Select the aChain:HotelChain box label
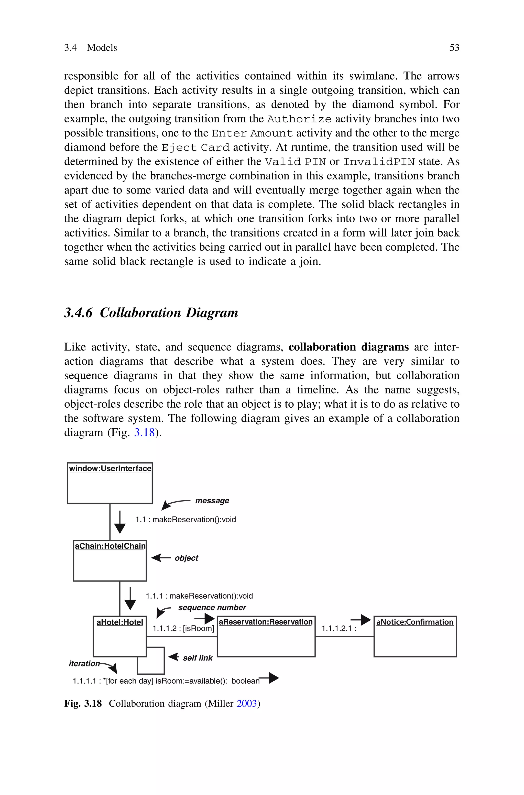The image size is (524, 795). (110, 546)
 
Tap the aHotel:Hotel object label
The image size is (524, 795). (120, 622)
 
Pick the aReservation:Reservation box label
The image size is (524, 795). (266, 622)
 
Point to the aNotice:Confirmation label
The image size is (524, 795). (415, 622)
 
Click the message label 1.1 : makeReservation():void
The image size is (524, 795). (185, 520)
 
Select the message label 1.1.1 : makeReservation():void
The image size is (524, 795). (199, 596)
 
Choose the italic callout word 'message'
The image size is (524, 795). (212, 501)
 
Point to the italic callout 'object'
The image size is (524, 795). (186, 558)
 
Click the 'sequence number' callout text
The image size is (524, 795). (212, 607)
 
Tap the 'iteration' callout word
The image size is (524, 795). (84, 664)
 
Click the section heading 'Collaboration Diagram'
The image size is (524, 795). (169, 313)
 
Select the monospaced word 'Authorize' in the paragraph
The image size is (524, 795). (299, 119)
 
